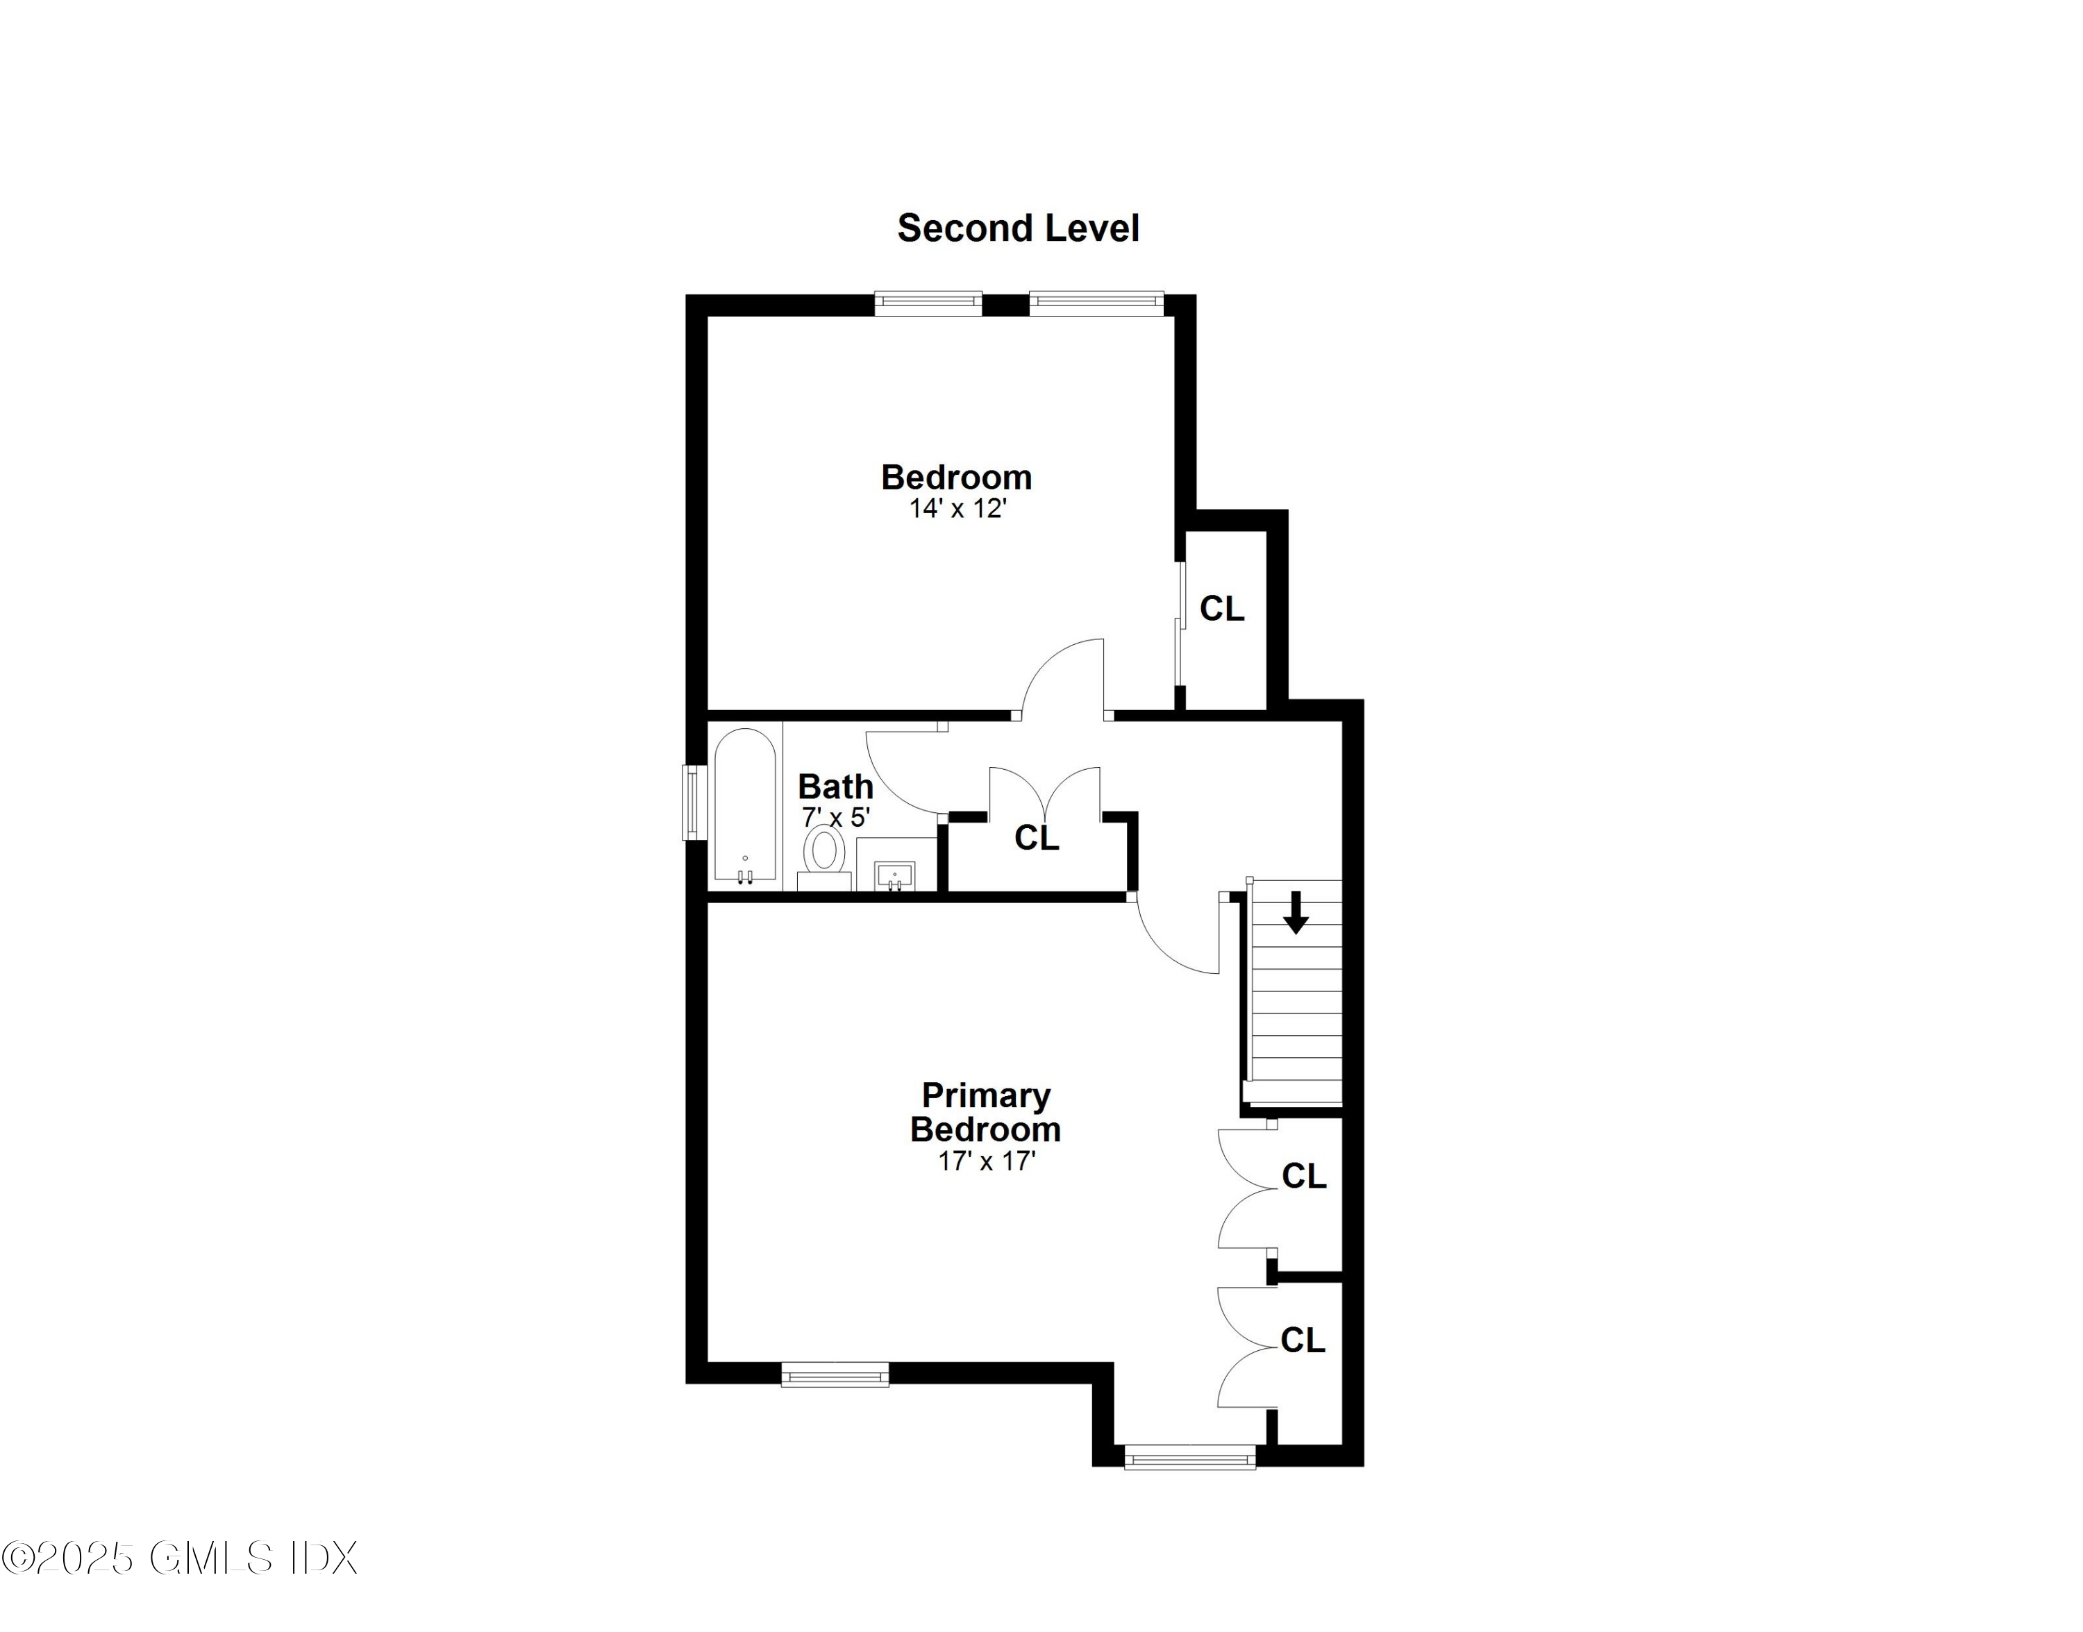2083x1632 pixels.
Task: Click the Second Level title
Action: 1018,228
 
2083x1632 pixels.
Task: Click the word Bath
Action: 835,786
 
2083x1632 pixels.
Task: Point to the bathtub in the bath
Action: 745,805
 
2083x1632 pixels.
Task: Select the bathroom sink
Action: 895,873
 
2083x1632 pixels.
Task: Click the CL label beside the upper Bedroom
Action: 1221,609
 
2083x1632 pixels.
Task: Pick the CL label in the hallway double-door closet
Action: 1036,838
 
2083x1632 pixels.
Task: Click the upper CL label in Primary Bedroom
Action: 1303,1176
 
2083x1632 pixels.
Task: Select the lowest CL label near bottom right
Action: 1303,1340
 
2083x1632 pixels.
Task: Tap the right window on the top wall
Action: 1096,303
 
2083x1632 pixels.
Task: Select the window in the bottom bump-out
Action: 1189,1457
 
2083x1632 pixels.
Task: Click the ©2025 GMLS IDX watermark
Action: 180,1558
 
